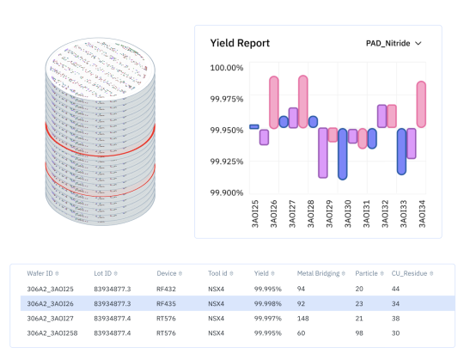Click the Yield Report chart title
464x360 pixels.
tap(240, 43)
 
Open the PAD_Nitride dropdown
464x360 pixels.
tap(394, 43)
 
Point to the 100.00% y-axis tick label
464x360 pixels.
tap(226, 68)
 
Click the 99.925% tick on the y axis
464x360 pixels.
tap(226, 162)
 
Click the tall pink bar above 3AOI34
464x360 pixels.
tap(421, 104)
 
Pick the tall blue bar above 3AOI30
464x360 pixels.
tap(342, 154)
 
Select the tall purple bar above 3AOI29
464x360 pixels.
tap(322, 152)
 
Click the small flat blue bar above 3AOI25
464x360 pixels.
tap(253, 127)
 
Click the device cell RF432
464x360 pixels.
tap(166, 289)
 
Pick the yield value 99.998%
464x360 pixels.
tap(267, 303)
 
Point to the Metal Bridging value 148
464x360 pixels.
tap(303, 318)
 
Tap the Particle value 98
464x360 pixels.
tap(360, 333)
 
